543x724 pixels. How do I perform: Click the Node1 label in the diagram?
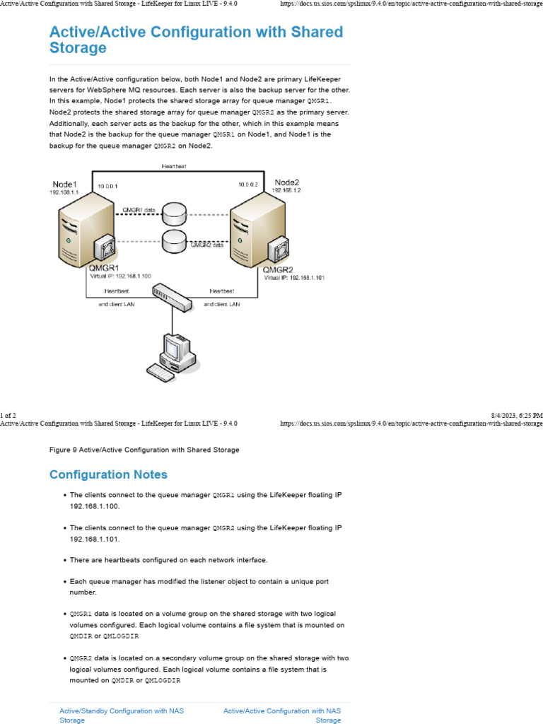64,185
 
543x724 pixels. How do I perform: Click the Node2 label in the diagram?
287,182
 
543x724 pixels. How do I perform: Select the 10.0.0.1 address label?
108,185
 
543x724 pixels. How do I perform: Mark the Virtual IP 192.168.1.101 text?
294,278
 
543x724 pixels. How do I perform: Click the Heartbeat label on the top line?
174,166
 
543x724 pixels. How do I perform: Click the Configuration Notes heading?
108,474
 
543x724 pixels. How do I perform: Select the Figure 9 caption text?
144,450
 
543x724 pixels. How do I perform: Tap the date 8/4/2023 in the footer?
503,415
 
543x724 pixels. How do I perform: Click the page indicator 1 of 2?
8,415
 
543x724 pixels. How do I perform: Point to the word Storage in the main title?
78,48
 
